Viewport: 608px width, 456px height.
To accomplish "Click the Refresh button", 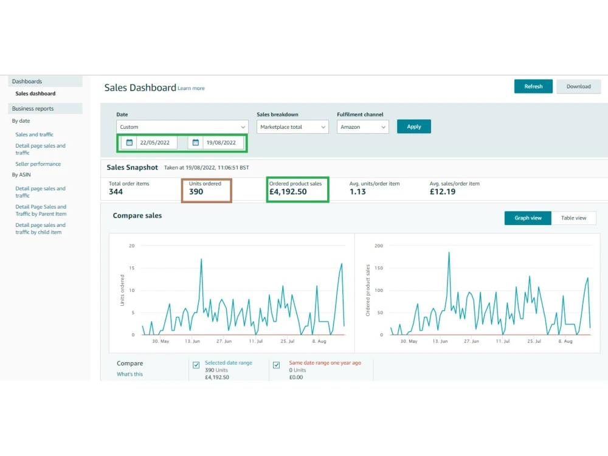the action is (533, 86).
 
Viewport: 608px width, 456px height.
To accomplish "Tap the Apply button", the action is (413, 126).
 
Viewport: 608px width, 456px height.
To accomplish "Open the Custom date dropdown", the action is (182, 127).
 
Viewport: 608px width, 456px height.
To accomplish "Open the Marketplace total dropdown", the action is (292, 127).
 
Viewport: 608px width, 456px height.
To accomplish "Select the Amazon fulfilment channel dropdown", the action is (362, 127).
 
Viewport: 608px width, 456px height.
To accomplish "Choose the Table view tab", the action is (573, 218).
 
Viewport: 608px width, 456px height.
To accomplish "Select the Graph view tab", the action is (528, 218).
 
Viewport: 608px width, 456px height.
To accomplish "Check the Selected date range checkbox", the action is (196, 365).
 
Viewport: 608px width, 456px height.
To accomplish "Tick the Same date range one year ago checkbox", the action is (277, 365).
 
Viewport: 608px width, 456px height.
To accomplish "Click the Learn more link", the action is (191, 88).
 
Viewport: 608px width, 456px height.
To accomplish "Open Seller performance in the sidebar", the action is (38, 164).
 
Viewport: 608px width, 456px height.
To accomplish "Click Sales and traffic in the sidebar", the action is (35, 134).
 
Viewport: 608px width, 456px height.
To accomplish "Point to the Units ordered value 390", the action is (196, 192).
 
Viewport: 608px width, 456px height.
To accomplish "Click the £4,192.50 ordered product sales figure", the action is (288, 192).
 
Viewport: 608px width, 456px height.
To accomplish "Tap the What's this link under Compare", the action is (130, 374).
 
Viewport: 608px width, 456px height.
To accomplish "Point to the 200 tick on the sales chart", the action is (379, 246).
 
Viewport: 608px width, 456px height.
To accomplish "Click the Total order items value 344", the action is (116, 192).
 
